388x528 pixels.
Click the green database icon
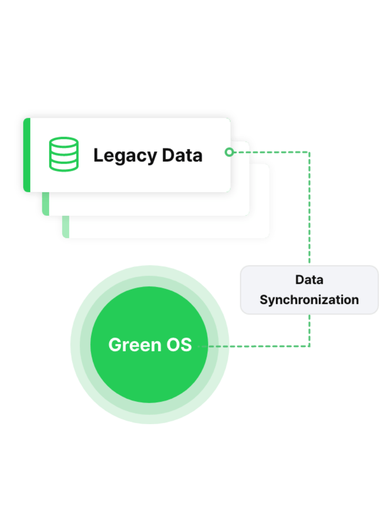click(63, 154)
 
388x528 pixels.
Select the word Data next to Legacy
click(182, 155)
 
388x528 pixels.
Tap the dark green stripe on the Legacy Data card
click(26, 155)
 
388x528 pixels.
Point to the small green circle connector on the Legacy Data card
click(228, 152)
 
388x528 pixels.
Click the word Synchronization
click(309, 300)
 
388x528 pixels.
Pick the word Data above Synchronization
click(309, 279)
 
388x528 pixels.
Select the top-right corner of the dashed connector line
click(310, 153)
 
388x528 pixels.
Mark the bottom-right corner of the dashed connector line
click(310, 346)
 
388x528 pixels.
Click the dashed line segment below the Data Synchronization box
click(310, 330)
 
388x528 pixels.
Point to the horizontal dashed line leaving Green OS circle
click(264, 347)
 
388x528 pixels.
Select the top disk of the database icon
click(63, 143)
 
